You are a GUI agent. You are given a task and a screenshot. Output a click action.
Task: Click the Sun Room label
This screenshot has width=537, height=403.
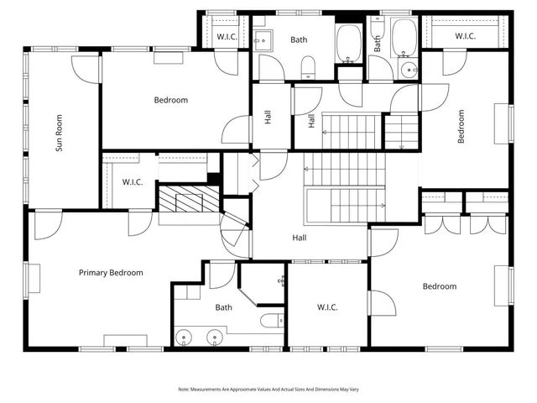click(x=60, y=133)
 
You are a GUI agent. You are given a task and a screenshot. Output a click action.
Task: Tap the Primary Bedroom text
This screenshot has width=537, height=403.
click(x=111, y=273)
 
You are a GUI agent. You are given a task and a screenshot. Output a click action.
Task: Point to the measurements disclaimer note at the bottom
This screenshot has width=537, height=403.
click(x=268, y=389)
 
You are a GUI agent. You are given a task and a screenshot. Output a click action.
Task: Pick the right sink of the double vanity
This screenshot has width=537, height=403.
click(x=216, y=338)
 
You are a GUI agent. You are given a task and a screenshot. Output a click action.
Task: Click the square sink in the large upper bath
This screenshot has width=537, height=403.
click(x=260, y=39)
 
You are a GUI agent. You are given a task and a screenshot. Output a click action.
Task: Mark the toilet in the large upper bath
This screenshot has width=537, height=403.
click(x=308, y=65)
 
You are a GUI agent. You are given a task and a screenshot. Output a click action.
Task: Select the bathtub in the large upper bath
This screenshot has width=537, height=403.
click(x=348, y=44)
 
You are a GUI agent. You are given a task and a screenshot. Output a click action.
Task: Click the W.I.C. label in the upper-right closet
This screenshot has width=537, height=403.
click(x=467, y=36)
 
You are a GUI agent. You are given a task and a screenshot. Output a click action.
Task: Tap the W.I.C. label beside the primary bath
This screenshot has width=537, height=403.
click(x=327, y=307)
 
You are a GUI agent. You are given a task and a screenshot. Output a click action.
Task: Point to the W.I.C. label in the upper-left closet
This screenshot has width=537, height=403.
click(x=227, y=36)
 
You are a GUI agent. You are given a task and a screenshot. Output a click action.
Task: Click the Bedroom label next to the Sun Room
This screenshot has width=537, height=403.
click(x=170, y=100)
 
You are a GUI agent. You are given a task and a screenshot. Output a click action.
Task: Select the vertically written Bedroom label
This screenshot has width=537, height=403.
click(x=461, y=126)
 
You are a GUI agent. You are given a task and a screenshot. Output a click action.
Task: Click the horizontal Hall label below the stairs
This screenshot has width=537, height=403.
click(x=299, y=238)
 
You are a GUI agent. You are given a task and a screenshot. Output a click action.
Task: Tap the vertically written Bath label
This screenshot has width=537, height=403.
click(x=378, y=44)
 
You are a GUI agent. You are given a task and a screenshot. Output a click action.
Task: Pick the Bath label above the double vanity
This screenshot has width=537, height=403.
click(x=223, y=307)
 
